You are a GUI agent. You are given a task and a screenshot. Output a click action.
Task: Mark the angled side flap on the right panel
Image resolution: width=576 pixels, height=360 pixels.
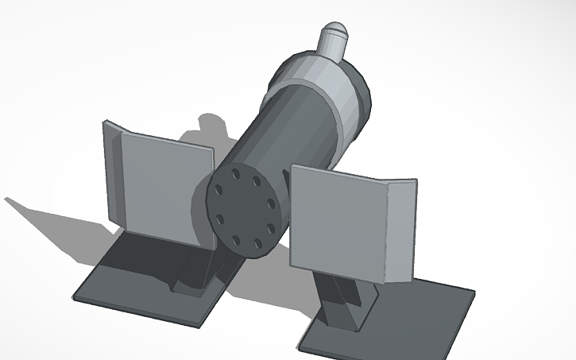(399, 230)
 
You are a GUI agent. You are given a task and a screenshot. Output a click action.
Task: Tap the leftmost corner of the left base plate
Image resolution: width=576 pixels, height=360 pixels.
(74, 299)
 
